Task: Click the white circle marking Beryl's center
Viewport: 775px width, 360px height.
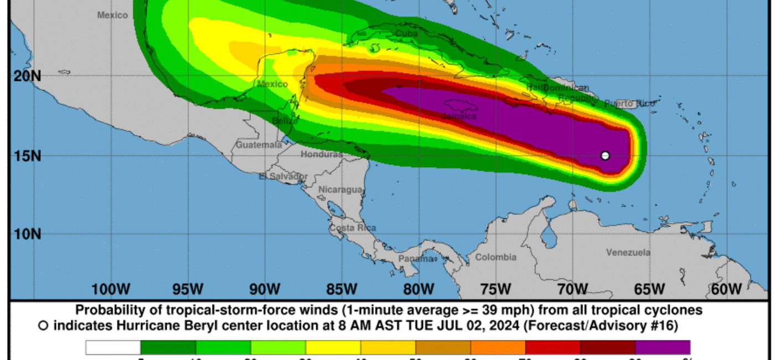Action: tap(605, 156)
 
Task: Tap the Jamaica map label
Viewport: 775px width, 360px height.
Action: tap(459, 116)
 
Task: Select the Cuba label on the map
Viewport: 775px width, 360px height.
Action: tap(407, 34)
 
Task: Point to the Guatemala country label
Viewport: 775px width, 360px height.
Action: tap(259, 145)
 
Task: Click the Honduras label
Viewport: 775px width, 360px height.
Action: tap(322, 155)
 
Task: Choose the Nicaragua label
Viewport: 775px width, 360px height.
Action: tap(340, 189)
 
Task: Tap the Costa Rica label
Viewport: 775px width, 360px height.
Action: tap(353, 228)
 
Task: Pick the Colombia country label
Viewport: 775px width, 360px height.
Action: tap(495, 257)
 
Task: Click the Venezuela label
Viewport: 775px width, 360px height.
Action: tap(628, 253)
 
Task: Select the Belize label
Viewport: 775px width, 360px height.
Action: tap(285, 121)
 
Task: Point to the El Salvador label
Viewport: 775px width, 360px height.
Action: tap(283, 176)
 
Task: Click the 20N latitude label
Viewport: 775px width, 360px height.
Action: tap(27, 76)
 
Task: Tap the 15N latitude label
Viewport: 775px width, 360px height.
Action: tap(27, 156)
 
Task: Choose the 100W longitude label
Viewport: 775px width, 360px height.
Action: tap(111, 289)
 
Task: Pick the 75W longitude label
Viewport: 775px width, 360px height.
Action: tap(495, 289)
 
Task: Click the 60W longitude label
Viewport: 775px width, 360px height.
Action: tap(726, 289)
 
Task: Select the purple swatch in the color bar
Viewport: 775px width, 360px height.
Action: tap(663, 347)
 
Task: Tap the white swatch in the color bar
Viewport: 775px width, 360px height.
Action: tap(113, 347)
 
